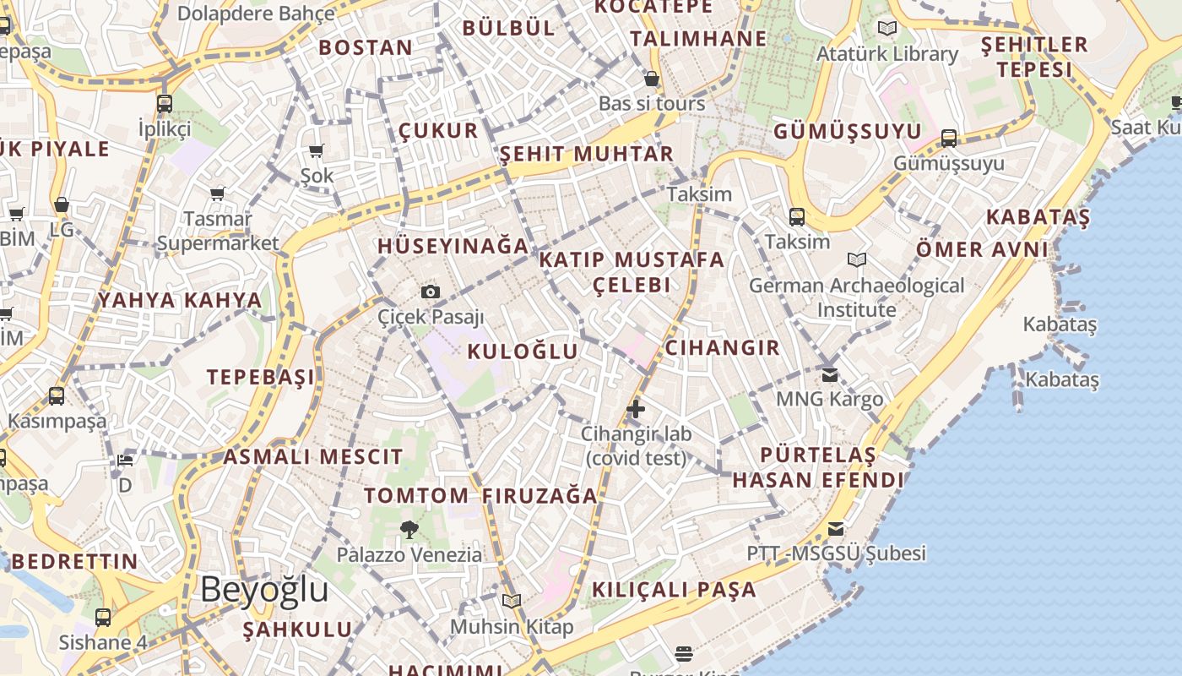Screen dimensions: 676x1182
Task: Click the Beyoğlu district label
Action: [264, 589]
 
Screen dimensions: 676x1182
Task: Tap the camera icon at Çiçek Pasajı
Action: [431, 292]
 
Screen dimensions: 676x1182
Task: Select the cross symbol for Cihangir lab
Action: [636, 410]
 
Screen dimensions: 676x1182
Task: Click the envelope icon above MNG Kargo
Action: [830, 374]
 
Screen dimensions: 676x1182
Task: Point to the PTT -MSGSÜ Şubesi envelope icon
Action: [836, 529]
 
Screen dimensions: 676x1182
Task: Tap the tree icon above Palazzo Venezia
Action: [409, 530]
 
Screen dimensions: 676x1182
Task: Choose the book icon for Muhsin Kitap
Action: [512, 601]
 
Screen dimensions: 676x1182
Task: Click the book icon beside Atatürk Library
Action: [887, 29]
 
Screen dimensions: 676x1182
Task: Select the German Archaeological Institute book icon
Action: [857, 260]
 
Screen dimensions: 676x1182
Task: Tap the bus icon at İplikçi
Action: [165, 104]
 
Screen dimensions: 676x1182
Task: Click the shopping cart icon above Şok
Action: [317, 151]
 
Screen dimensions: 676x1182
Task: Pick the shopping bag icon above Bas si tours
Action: [651, 79]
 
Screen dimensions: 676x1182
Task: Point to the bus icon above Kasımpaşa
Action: [57, 395]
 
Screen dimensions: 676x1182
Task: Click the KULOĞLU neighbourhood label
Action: [523, 352]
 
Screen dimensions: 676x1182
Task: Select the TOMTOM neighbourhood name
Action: [416, 495]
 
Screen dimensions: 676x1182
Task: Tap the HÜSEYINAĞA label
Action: [453, 246]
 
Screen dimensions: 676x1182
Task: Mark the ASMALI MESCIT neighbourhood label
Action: [313, 457]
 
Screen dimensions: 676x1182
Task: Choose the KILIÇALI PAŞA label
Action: [675, 590]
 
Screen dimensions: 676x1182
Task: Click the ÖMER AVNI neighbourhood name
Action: [983, 249]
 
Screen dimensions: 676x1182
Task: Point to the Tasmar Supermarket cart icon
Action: [218, 194]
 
